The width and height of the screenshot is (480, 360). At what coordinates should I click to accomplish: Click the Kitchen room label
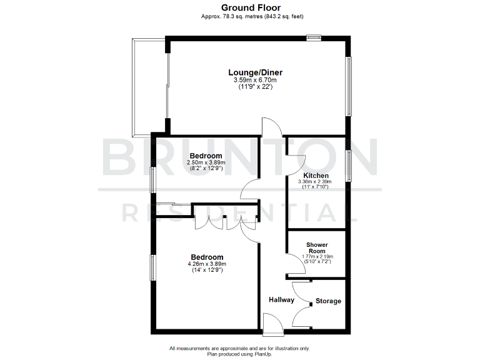(x=316, y=176)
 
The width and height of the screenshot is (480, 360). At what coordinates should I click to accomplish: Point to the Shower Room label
(x=317, y=247)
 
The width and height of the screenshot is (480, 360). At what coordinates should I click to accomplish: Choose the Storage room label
(x=328, y=301)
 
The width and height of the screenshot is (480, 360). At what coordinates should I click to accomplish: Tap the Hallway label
(x=281, y=300)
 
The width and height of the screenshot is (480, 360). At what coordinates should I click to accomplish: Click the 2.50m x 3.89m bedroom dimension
(x=206, y=162)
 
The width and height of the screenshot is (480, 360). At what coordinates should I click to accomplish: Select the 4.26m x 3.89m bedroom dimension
(x=206, y=264)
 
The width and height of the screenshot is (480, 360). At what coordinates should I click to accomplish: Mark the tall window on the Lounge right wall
(x=349, y=86)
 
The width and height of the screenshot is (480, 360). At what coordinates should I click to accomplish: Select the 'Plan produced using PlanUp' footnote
(x=239, y=354)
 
